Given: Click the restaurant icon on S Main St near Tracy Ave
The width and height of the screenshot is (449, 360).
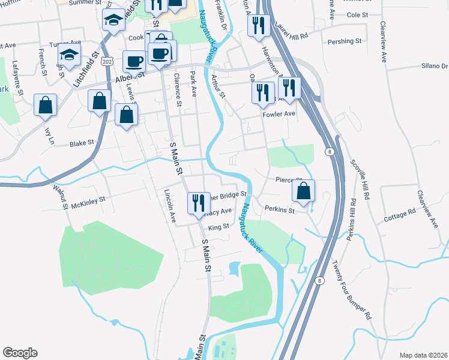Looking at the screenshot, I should click(x=197, y=202).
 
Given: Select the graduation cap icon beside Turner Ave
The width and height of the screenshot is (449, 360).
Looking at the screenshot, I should click(x=70, y=55).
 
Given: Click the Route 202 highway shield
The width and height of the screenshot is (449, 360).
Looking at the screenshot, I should click(x=107, y=62).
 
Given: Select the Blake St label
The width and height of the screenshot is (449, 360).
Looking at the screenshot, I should click(x=82, y=143).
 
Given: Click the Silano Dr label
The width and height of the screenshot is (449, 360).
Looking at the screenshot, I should click(x=436, y=67).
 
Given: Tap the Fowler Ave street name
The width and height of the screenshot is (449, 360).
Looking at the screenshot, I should click(x=282, y=113).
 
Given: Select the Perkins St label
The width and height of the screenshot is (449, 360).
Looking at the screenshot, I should click(x=279, y=211).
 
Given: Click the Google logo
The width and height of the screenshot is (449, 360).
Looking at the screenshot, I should click(x=20, y=353).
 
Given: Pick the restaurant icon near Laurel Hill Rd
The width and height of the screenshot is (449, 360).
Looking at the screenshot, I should click(x=258, y=25).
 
